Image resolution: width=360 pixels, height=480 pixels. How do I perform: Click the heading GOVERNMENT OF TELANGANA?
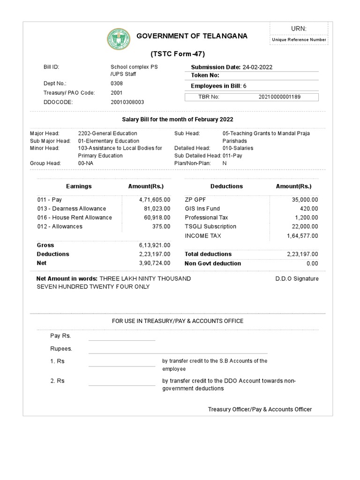pyautogui.click(x=192, y=37)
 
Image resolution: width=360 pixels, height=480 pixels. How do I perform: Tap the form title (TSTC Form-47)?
pyautogui.click(x=177, y=53)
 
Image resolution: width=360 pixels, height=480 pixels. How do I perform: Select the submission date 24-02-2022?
pyautogui.click(x=257, y=67)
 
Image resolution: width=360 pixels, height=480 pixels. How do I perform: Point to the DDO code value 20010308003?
pyautogui.click(x=127, y=102)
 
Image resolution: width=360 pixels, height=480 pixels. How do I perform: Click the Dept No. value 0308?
pyautogui.click(x=117, y=83)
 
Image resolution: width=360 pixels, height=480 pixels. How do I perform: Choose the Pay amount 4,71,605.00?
pyautogui.click(x=155, y=200)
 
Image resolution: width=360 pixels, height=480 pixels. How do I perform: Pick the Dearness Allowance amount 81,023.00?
pyautogui.click(x=157, y=209)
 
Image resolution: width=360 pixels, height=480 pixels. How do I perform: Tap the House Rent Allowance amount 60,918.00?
pyautogui.click(x=157, y=217)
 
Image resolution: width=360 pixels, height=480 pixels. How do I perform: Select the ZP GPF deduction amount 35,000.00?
pyautogui.click(x=305, y=200)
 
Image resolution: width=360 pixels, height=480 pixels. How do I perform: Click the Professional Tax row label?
pyautogui.click(x=206, y=217)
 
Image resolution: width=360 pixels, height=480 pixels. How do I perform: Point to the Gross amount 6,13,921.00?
pyautogui.click(x=155, y=245)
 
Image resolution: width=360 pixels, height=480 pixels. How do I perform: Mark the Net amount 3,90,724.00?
pyautogui.click(x=155, y=263)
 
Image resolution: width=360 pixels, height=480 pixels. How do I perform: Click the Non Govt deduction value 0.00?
pyautogui.click(x=312, y=263)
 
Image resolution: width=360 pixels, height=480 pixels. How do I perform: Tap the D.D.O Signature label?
pyautogui.click(x=297, y=278)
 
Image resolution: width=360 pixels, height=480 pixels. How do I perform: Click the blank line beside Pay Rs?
pyautogui.click(x=122, y=337)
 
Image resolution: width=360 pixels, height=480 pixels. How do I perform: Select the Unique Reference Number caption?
pyautogui.click(x=299, y=40)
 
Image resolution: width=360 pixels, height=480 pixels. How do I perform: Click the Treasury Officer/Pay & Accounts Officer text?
pyautogui.click(x=260, y=409)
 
